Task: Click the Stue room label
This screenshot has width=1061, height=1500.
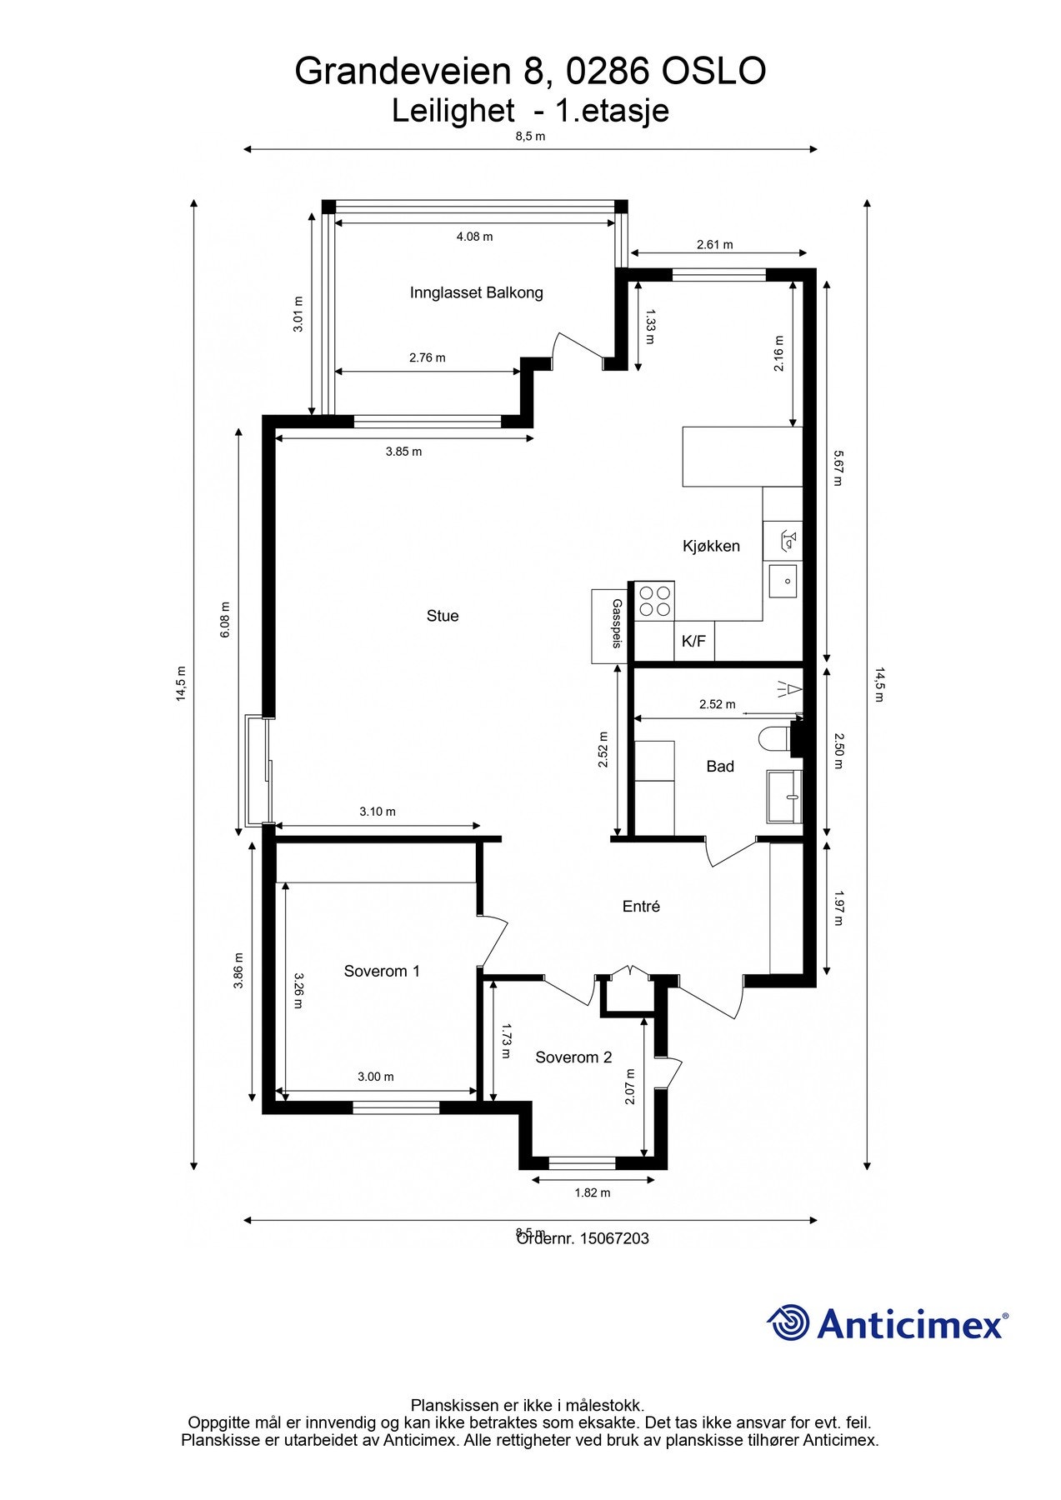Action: [x=442, y=616]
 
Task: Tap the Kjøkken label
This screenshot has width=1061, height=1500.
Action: [x=711, y=546]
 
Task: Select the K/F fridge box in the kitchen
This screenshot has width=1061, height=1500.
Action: [x=693, y=641]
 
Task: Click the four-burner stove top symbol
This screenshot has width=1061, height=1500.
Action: [x=654, y=601]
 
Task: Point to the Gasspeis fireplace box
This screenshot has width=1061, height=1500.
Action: [x=609, y=626]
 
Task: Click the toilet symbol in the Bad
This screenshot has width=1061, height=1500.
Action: [x=775, y=738]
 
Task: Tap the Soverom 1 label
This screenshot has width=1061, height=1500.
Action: [x=382, y=971]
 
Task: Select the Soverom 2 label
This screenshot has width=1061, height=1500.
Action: [x=573, y=1057]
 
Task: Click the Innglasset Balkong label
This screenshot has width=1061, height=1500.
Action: [x=476, y=292]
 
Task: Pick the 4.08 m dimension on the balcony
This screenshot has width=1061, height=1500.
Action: [x=474, y=237]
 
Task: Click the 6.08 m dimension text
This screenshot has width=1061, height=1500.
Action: [x=224, y=620]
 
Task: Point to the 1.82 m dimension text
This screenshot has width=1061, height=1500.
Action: [x=592, y=1192]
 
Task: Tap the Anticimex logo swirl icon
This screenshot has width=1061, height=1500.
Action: [x=788, y=1322]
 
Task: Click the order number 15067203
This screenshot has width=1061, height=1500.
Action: [x=613, y=1238]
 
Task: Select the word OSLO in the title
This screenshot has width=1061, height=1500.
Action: [x=713, y=72]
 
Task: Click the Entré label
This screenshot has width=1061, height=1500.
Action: [x=641, y=907]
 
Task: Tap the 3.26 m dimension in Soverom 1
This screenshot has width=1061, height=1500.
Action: [x=298, y=991]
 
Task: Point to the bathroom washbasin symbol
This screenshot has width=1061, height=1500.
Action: [x=784, y=797]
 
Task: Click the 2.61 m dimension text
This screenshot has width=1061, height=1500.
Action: [x=714, y=244]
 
